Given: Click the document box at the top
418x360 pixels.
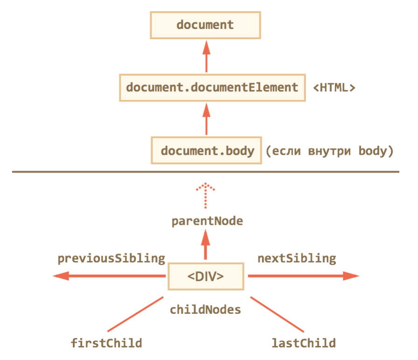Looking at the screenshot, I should coord(205,25).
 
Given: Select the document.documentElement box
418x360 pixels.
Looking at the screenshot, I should coord(212,87).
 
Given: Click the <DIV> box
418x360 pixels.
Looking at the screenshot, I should coord(205,276).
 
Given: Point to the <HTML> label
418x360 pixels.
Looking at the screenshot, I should coord(334,87).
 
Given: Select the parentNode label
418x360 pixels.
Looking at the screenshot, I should coord(207,221).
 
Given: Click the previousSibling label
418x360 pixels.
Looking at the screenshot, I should coord(111,258).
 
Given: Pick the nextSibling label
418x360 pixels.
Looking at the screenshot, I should coord(297,258).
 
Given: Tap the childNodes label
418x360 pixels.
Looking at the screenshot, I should coord(205,309).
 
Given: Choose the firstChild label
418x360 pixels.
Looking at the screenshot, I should coord(106,344).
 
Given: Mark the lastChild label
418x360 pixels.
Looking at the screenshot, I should coord(304,344).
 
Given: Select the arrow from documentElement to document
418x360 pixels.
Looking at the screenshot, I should coord(205,56).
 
